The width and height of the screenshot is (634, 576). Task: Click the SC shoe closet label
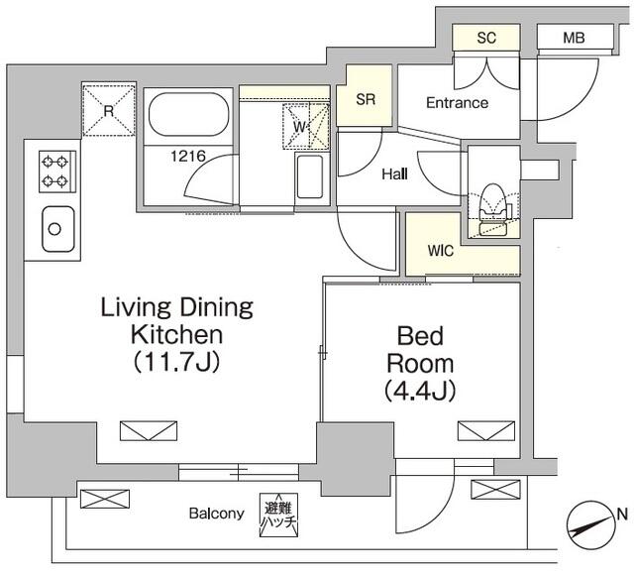(486, 38)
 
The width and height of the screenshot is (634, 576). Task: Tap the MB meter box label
(574, 38)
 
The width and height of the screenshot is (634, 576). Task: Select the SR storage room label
(366, 99)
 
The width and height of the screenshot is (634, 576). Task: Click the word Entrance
(458, 103)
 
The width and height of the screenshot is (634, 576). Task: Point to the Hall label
(394, 174)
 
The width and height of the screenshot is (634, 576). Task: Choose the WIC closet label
(441, 251)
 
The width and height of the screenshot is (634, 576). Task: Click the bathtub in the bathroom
(189, 115)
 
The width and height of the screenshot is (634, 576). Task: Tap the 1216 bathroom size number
(188, 156)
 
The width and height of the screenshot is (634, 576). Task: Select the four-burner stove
(57, 172)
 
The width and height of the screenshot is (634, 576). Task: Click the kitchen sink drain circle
(54, 229)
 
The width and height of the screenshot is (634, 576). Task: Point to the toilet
(493, 209)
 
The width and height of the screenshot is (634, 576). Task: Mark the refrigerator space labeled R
(108, 110)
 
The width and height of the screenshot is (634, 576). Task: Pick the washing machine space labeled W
(306, 127)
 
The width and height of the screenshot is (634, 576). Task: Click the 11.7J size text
(176, 362)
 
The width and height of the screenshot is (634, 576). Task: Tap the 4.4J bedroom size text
(420, 391)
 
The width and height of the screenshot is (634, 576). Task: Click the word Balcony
(217, 514)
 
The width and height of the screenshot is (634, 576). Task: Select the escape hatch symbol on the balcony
(278, 515)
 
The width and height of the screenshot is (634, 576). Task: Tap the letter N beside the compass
(623, 515)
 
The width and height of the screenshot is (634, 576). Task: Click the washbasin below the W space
(309, 176)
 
